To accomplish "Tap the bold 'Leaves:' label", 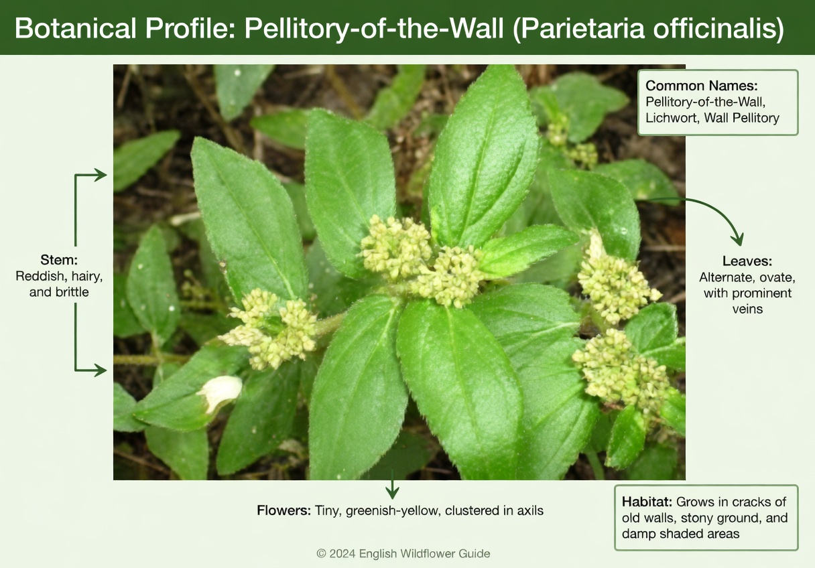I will pyautogui.click(x=746, y=261).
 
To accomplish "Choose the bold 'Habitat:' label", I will pyautogui.click(x=647, y=502).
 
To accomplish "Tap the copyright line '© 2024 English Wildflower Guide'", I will pyautogui.click(x=403, y=554).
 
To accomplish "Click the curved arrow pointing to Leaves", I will pyautogui.click(x=710, y=211).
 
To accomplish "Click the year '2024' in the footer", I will pyautogui.click(x=342, y=554).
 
